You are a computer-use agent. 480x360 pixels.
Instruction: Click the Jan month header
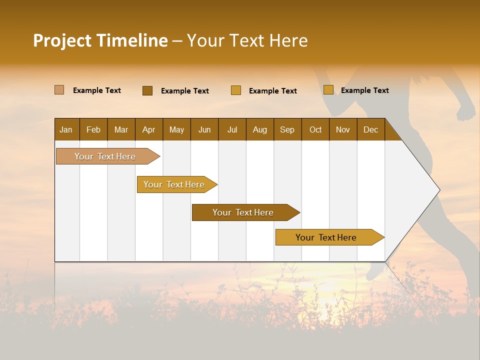coord(66,129)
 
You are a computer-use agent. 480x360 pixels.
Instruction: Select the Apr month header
coord(148,129)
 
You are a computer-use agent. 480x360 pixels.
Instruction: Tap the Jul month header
coord(232,129)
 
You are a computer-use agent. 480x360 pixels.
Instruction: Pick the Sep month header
coord(287,129)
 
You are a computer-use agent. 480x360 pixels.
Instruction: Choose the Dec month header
coord(370,129)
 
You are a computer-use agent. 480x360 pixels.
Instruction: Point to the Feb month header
coord(93,129)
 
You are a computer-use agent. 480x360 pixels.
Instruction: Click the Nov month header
coord(342,129)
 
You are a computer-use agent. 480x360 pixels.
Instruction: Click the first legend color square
coord(59,90)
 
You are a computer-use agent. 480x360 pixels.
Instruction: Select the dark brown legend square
coord(147,90)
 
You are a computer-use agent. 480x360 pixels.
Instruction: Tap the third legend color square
coord(236,90)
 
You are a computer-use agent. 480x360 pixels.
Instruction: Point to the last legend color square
coord(328,90)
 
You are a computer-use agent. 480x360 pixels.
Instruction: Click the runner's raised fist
coord(466,111)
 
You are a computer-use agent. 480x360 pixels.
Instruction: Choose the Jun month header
coord(204,129)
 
